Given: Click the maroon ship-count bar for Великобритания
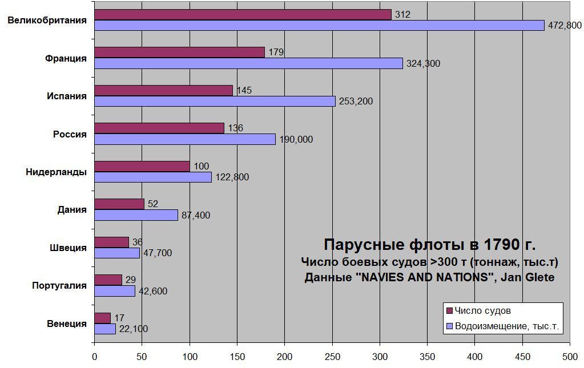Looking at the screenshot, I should point(243,15).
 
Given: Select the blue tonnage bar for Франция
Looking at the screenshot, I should point(248,63).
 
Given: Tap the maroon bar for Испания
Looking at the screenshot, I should point(163,90).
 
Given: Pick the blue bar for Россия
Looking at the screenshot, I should point(185,139).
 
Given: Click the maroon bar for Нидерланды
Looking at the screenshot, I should point(142,166).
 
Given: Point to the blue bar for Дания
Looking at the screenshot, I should point(136,215).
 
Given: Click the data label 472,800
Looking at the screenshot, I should point(565,25).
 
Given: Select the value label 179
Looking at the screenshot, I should point(276,52).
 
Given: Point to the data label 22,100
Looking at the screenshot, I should point(134,329).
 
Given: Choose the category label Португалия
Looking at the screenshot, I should point(59,285).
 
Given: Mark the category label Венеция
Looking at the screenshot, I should point(67,323).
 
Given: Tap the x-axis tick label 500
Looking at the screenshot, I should point(570,357).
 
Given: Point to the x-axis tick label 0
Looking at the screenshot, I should point(95,357).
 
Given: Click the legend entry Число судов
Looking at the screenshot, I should point(482,311).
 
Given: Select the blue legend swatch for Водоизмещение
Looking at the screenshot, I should point(449,327).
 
